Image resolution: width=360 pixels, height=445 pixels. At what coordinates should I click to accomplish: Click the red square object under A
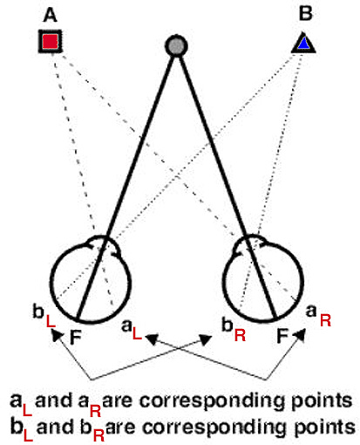coord(51,41)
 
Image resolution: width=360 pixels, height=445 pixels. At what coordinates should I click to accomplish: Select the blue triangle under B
coord(303,44)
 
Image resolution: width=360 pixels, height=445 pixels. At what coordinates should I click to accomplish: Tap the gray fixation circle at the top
coord(176,45)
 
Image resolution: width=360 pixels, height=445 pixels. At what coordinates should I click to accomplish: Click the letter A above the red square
coord(50,15)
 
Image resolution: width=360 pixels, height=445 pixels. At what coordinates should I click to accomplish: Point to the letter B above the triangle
coord(305,13)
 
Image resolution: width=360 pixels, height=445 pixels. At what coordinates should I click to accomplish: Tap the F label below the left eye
coord(76,337)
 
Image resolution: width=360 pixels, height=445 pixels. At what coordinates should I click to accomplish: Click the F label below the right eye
coord(282,336)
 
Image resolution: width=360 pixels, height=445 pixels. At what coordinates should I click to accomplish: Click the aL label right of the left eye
coord(132,329)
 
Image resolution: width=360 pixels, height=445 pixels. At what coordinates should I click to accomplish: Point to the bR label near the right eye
coord(234,329)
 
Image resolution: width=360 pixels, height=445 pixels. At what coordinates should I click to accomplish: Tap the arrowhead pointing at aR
coord(299,335)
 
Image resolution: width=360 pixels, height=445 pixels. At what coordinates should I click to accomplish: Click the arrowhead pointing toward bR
coord(205,339)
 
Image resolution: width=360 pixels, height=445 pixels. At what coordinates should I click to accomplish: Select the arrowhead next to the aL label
coord(152,339)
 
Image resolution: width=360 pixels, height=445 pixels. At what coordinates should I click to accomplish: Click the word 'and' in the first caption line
coord(53,400)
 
